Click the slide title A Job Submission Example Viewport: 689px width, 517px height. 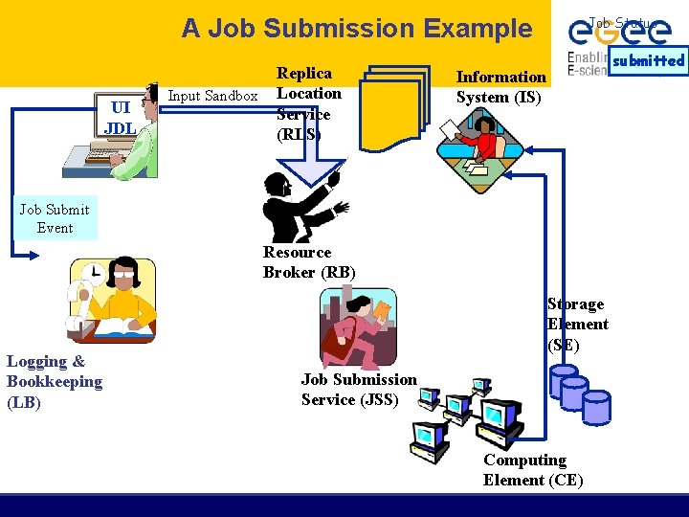tap(357, 29)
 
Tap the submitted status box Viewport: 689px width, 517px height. tap(648, 60)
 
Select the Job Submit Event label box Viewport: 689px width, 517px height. tap(55, 218)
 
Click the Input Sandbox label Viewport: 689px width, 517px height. tap(212, 95)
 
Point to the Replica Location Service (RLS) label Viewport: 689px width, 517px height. tap(307, 103)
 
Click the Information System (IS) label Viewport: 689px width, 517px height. tap(500, 87)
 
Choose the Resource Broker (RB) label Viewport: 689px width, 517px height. tap(309, 262)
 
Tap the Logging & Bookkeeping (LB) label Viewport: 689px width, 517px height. tap(54, 382)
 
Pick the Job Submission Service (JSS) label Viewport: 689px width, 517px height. tap(359, 390)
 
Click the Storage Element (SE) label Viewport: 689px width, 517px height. tap(577, 325)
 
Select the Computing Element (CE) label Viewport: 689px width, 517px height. tap(532, 470)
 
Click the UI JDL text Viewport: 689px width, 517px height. tap(120, 118)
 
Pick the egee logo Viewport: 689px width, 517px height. tap(617, 33)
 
